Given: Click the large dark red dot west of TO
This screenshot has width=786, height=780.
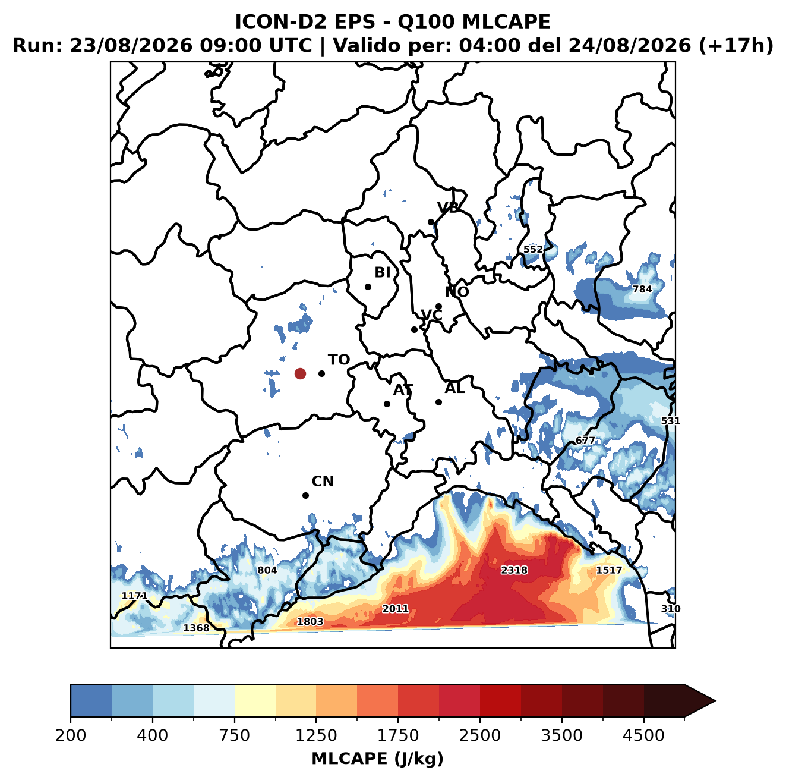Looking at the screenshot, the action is (300, 373).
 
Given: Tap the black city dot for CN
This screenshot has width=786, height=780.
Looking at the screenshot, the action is (305, 495).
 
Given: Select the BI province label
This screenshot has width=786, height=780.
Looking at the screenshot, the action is (382, 272).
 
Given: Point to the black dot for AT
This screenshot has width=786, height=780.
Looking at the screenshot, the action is (387, 404).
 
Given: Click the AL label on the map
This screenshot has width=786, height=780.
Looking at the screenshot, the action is (454, 388).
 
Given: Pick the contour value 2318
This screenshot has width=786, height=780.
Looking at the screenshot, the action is (514, 570).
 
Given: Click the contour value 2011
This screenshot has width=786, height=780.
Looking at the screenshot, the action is (395, 609).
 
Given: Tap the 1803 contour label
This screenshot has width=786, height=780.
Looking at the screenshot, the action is (310, 622).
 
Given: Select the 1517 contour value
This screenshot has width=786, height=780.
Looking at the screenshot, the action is (609, 570).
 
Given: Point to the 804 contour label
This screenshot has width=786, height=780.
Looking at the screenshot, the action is (267, 570).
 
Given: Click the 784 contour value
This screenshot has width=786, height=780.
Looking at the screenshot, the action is (642, 290).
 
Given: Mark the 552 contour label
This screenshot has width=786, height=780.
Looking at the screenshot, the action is (533, 249).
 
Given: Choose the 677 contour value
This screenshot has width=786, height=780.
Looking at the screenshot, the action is (585, 441).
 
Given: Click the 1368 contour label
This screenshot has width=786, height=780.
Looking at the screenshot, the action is (196, 628).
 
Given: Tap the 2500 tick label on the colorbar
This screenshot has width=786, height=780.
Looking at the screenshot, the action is (479, 735).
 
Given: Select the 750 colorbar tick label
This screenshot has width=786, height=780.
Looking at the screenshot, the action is (234, 735).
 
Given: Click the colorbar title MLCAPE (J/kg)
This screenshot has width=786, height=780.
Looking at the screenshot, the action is (377, 759).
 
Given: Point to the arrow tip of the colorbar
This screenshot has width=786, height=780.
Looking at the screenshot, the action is (715, 702).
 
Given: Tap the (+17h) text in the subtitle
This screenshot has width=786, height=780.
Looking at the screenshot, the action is (736, 46).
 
